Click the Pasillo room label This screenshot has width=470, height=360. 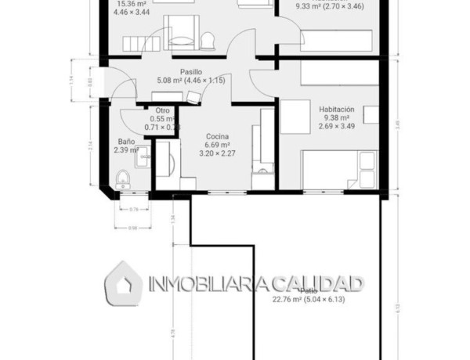click(x=182, y=70)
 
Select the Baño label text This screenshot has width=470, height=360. click(x=125, y=142)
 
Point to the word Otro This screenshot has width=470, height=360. click(x=163, y=110)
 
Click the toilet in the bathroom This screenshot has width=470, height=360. click(x=121, y=179)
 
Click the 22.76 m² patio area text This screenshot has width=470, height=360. click(x=289, y=299)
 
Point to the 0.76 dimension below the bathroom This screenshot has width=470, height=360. click(x=133, y=209)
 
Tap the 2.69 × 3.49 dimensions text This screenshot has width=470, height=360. click(x=338, y=127)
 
